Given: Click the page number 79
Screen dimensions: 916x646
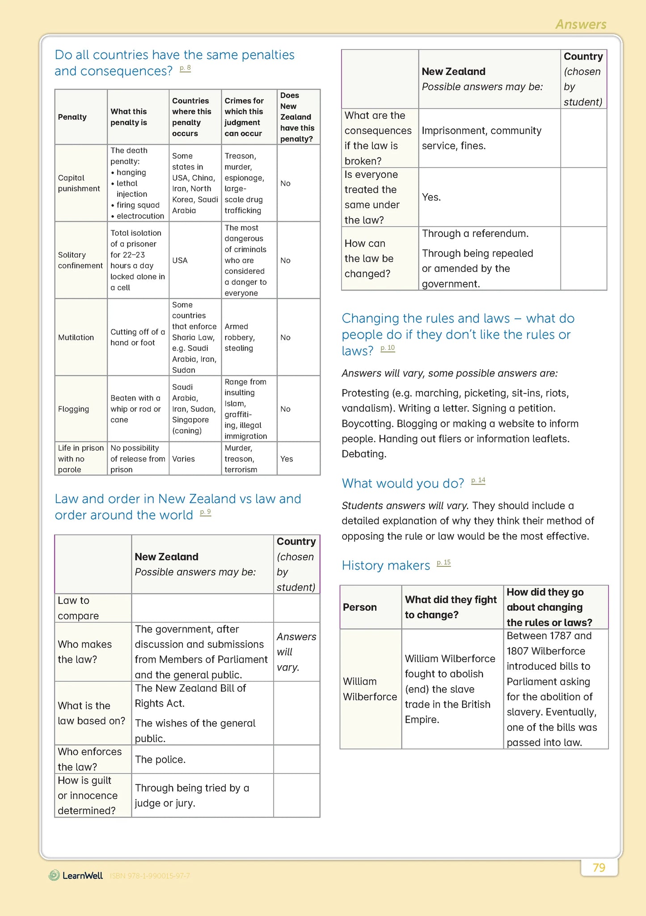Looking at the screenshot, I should [x=599, y=868].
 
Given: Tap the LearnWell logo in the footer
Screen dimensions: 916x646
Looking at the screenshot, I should [x=76, y=875].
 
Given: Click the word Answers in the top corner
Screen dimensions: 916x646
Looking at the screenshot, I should [x=581, y=24].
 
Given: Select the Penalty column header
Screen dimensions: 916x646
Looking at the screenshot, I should [x=72, y=117].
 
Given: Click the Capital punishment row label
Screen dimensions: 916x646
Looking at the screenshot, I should [x=79, y=183].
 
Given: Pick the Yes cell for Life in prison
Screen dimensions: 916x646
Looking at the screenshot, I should [x=287, y=459].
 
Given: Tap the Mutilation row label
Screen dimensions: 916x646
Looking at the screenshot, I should [x=76, y=338].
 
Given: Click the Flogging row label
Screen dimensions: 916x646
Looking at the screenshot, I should [x=73, y=409].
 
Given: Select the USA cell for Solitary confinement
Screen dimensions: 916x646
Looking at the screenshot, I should [x=180, y=260].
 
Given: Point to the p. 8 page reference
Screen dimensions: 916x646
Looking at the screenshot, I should [x=185, y=68].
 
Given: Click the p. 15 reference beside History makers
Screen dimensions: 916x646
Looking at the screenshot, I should [x=443, y=563].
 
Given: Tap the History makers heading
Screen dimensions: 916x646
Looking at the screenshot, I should [x=385, y=566].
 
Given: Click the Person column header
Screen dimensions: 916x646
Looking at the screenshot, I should [x=360, y=607].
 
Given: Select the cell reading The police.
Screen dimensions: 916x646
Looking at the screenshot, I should [x=160, y=760].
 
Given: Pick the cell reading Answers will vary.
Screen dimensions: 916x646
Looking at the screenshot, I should [x=296, y=652].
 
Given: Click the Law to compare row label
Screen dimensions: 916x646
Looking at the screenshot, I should [x=78, y=608].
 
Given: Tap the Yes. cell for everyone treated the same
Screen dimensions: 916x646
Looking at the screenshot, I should [x=431, y=197].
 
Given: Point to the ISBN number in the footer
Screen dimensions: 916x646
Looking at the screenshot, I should [x=150, y=876].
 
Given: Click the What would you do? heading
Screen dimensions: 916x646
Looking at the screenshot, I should [x=403, y=483].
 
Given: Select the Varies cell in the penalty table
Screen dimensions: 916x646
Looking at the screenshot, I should [x=183, y=459].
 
